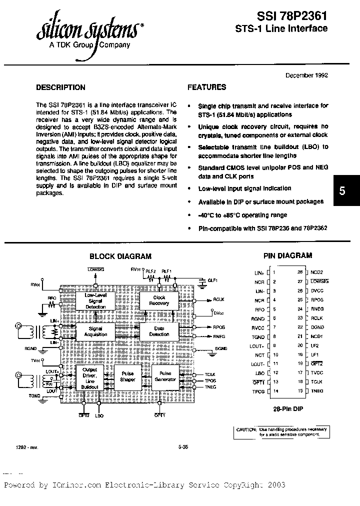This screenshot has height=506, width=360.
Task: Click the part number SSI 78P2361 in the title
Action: point(292,15)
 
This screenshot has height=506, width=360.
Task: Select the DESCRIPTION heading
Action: point(60,87)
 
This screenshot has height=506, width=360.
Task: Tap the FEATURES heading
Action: point(206,87)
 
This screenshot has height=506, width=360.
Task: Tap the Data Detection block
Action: point(159,331)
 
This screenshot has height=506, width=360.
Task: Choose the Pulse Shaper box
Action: point(127,376)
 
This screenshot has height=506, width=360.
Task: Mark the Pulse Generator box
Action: point(164,376)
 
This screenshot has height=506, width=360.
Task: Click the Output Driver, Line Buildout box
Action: point(90,377)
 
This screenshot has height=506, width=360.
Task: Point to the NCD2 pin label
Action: point(317,272)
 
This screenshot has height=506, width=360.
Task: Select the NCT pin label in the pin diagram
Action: point(258,354)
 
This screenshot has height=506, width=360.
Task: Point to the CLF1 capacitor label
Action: point(212,281)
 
